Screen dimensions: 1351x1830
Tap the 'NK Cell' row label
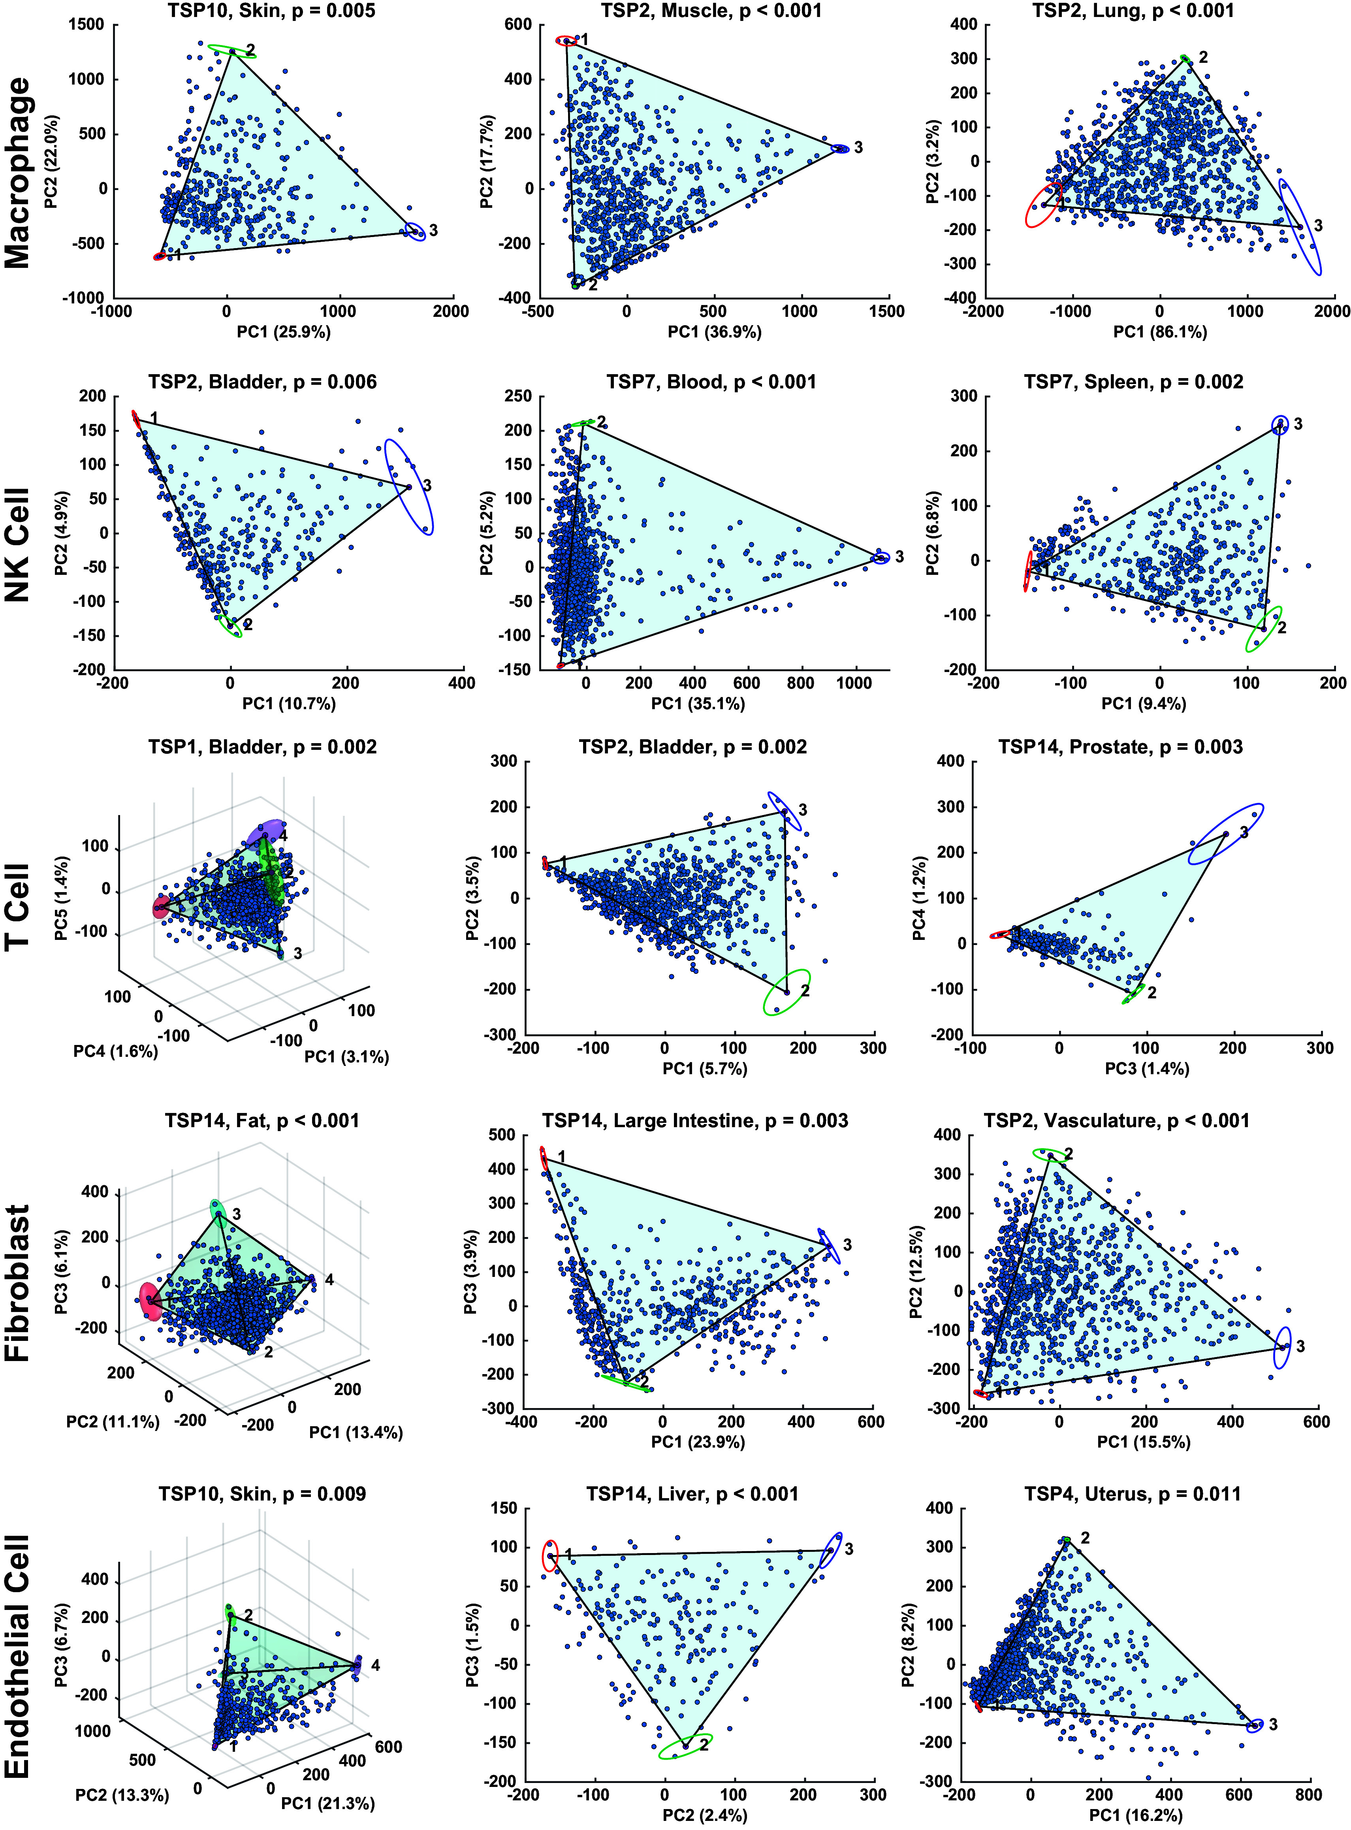(x=18, y=545)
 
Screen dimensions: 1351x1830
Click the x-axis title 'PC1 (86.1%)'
(x=1160, y=332)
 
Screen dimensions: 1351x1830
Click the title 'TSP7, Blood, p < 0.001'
(x=711, y=382)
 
